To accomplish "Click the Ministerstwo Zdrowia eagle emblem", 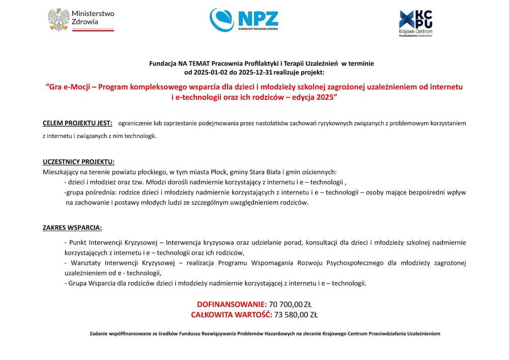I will (59, 19).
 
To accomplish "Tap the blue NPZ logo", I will (244, 19).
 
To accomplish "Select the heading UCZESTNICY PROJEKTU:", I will (78, 162).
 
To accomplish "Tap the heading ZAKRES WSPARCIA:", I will (72, 227).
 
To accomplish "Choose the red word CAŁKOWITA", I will (212, 314).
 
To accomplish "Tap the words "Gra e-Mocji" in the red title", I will (68, 87).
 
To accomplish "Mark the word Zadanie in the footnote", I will (99, 334).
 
